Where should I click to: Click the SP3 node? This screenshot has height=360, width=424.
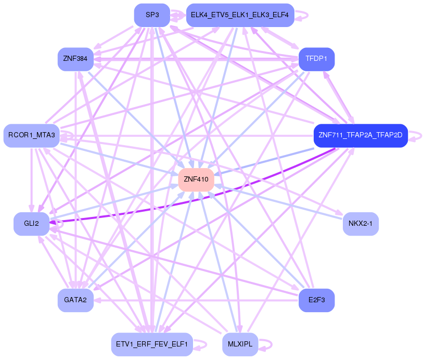click(152, 15)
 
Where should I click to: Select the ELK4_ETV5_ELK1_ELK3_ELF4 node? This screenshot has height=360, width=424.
click(239, 15)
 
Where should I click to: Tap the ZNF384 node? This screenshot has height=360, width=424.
click(75, 59)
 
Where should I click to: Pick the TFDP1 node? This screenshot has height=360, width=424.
click(316, 59)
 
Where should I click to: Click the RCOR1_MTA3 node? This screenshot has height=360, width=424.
click(31, 136)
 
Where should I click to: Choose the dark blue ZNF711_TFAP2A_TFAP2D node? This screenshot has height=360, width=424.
click(360, 136)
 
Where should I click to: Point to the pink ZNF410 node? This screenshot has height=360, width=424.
click(196, 179)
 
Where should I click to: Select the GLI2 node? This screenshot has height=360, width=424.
click(31, 223)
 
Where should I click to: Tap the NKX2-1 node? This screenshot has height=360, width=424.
click(361, 224)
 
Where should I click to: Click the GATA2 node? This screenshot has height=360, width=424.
click(75, 300)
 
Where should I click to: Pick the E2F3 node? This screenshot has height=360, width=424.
click(316, 300)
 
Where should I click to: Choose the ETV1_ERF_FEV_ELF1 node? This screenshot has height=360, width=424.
click(152, 344)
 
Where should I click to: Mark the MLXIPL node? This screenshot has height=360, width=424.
click(240, 344)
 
